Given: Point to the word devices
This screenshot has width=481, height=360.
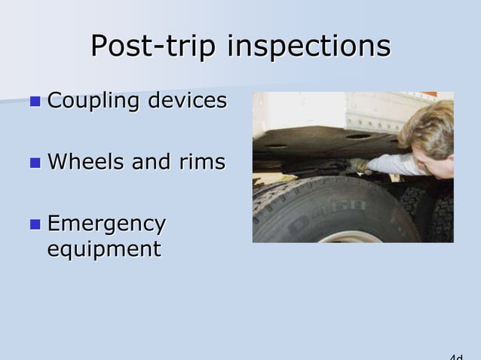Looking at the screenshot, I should point(189,100).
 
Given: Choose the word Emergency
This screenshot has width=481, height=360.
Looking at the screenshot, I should point(106,224).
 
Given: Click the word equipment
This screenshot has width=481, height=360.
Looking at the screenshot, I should point(104,249).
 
